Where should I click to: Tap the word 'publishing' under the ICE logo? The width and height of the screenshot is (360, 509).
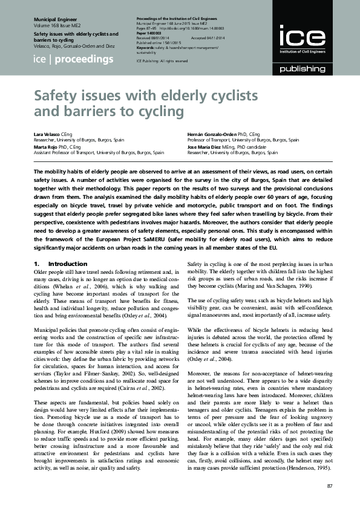tap(301, 70)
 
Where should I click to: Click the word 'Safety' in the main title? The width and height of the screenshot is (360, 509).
tap(56, 96)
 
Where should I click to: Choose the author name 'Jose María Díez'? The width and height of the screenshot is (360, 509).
tap(204, 147)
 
